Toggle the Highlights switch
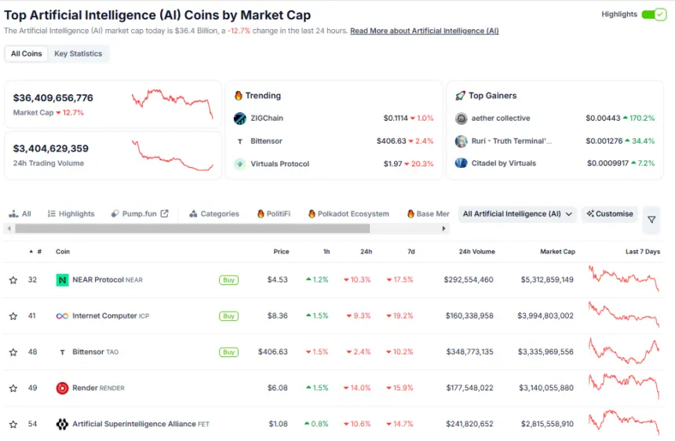(653, 14)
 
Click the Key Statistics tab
(78, 53)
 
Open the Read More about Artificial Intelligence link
(424, 31)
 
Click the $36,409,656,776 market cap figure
(53, 98)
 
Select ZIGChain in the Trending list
(266, 118)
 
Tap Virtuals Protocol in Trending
(279, 164)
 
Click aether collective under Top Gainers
(501, 118)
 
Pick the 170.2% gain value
(639, 118)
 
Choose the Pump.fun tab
(140, 213)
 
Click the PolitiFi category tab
(278, 213)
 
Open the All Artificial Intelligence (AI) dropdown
(518, 213)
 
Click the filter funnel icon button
(651, 220)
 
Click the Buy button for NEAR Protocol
(228, 279)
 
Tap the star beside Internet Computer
(13, 316)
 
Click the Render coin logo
(62, 388)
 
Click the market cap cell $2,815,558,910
(546, 424)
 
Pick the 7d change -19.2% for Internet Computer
(400, 315)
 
